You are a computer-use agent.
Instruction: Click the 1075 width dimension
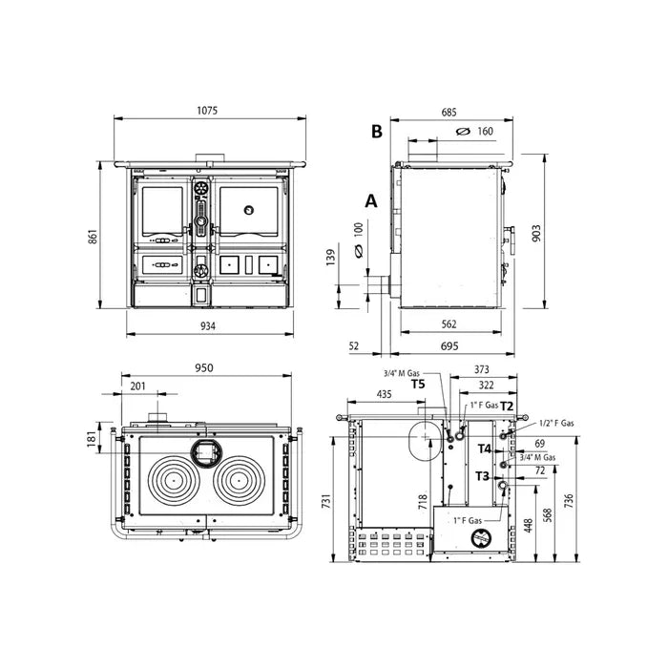tap(208, 111)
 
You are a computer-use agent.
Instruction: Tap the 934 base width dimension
tap(208, 326)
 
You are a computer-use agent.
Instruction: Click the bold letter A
tap(371, 200)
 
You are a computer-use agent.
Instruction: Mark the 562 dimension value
tap(448, 324)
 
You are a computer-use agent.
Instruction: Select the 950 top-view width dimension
tap(202, 368)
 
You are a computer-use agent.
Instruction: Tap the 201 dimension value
tap(139, 385)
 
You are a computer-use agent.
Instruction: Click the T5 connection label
tap(418, 385)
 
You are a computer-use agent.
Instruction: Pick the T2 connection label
tap(507, 406)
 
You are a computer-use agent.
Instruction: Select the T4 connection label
tap(484, 448)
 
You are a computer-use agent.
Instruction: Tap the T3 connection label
tap(482, 475)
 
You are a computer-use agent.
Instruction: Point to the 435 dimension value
tap(384, 393)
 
